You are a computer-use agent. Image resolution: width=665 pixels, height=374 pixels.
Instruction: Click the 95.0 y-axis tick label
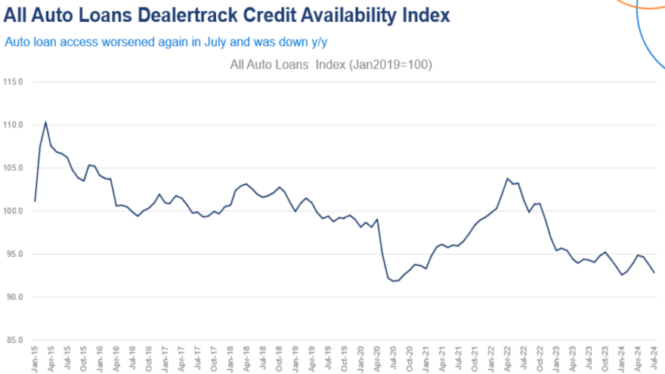point(14,254)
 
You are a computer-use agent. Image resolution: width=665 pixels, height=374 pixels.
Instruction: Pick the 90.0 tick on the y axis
point(14,297)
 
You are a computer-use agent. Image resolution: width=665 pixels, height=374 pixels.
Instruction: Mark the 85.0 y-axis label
point(14,340)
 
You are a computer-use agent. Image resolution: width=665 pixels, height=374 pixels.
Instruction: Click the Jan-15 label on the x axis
point(36,357)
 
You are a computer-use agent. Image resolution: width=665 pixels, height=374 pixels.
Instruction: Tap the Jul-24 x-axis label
point(654,357)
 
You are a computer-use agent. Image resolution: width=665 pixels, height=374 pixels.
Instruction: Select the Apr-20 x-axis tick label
point(376,357)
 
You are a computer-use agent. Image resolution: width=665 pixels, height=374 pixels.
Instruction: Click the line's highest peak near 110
point(45,122)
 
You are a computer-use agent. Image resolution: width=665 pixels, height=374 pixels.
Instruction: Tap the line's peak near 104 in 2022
point(507,178)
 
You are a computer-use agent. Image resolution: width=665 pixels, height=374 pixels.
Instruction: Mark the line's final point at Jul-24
point(654,272)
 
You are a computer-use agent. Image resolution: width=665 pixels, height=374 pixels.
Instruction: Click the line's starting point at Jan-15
point(36,201)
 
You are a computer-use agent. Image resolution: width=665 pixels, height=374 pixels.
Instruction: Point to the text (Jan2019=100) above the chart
point(390,65)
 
